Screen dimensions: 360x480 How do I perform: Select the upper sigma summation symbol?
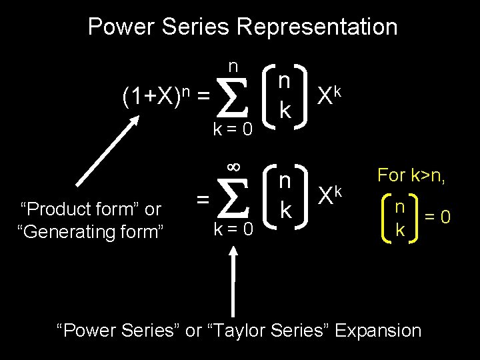[232, 98]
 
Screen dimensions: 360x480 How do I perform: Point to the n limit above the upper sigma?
[233, 66]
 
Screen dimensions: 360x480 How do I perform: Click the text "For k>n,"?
[412, 176]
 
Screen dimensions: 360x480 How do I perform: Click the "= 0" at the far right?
[440, 217]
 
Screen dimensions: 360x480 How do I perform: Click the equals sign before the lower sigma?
[203, 198]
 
